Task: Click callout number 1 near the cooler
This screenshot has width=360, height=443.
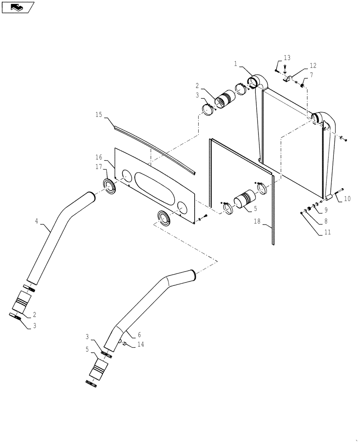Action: (236, 64)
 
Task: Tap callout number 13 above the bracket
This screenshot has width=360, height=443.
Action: (287, 58)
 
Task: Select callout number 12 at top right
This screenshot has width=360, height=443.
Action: (313, 66)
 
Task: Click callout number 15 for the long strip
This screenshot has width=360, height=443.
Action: (99, 114)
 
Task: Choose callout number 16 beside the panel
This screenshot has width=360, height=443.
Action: (99, 157)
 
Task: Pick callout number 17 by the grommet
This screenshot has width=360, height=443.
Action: (99, 167)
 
